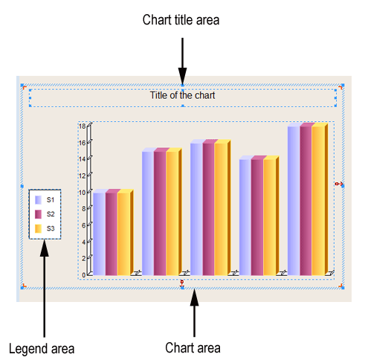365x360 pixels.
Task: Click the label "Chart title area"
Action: pos(181,20)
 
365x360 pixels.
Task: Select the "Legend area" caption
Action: pos(42,349)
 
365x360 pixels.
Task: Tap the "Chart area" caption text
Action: pos(193,347)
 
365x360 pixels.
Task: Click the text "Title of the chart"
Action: pos(182,95)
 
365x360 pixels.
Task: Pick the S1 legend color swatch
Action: pos(38,200)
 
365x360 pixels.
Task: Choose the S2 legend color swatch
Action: pos(38,214)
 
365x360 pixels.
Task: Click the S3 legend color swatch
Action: pos(38,228)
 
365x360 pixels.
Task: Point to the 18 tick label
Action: pos(82,126)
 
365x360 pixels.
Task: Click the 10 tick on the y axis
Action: pos(82,193)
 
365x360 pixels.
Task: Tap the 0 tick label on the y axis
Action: pos(84,275)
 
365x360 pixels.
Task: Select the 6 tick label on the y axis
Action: pos(84,225)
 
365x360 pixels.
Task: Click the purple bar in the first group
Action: pos(100,234)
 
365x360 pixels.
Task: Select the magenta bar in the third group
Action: pos(209,209)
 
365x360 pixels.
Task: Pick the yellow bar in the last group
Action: pos(318,201)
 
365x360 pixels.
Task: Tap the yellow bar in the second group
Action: pos(172,213)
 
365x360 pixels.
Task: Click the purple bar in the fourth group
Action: pos(245,217)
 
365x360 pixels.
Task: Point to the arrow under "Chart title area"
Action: pos(182,61)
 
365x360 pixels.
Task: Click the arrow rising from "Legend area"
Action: pos(45,289)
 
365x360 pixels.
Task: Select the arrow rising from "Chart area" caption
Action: pos(195,313)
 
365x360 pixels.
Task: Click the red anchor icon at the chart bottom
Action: pos(182,283)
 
